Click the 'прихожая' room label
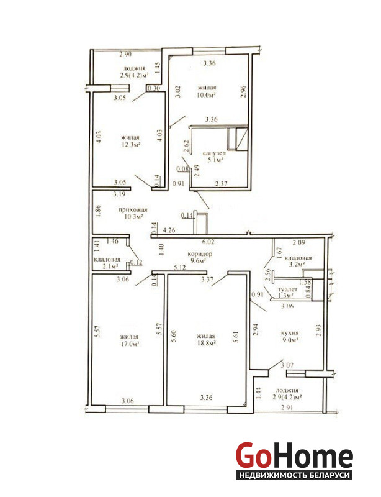(133, 210)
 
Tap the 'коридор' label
(200, 254)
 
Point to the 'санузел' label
(214, 153)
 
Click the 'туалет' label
(287, 290)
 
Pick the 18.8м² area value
(206, 343)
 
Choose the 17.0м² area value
(130, 344)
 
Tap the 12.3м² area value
(130, 145)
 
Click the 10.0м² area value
(207, 94)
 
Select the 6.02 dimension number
(208, 242)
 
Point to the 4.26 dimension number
(169, 230)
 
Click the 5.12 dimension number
(179, 268)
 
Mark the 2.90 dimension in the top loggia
(125, 54)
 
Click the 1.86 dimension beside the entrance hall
(98, 212)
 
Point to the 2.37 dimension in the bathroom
(221, 183)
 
